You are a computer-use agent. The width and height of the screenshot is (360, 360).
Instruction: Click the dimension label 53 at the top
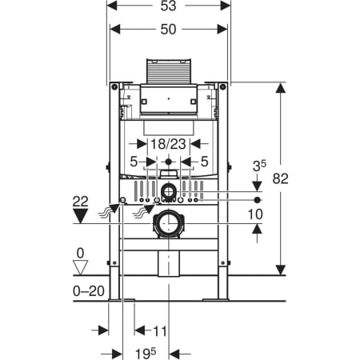tap(168, 6)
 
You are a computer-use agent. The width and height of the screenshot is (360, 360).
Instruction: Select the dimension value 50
tap(168, 30)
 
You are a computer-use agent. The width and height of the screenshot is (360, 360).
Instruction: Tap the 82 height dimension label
tap(281, 178)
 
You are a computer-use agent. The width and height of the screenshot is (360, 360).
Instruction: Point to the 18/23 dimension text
tap(168, 144)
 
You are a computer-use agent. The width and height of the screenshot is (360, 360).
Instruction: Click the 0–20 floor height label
tap(89, 291)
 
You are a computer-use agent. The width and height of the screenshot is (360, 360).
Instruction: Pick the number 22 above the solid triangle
tap(81, 202)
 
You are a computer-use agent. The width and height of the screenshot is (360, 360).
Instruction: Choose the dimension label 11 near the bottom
tap(159, 331)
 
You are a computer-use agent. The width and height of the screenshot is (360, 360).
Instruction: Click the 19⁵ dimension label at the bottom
tap(146, 354)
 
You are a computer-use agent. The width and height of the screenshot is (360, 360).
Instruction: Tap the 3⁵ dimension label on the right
tap(259, 166)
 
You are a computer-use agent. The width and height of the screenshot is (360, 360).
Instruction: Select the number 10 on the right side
tap(255, 214)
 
